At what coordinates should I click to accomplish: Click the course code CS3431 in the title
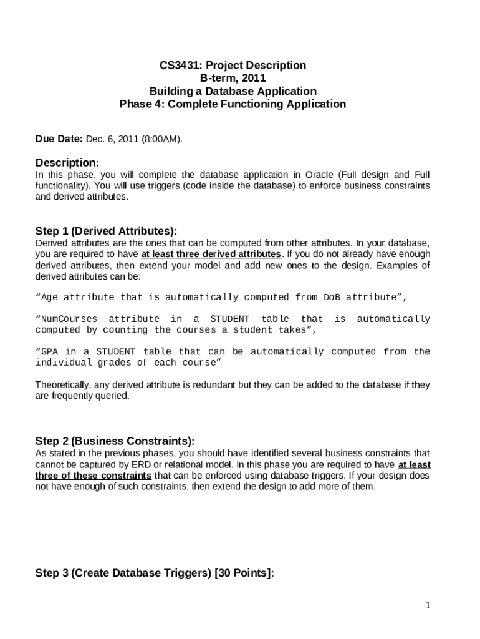(178, 65)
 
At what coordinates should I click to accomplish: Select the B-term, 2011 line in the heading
(233, 78)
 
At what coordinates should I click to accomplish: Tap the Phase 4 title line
(233, 104)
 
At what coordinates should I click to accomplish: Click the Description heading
(67, 162)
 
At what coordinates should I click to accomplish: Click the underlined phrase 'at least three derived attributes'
(211, 254)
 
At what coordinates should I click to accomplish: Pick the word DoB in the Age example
(332, 297)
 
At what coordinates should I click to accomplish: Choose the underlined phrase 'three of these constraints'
(94, 476)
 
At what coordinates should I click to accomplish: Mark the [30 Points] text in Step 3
(244, 573)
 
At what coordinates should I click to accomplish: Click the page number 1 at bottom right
(428, 605)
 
